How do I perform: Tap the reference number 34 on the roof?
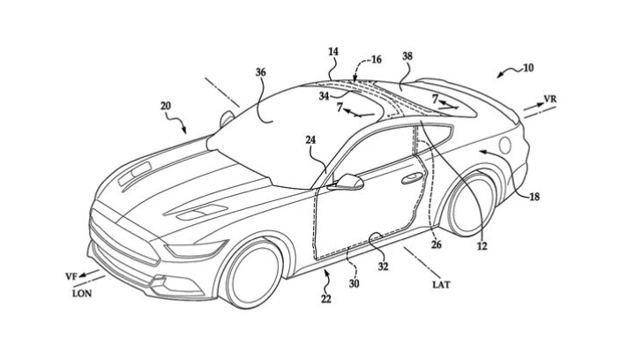[x=325, y=95]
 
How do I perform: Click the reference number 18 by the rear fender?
[x=534, y=199]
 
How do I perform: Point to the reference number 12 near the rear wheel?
[x=481, y=247]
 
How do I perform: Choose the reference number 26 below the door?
[x=437, y=246]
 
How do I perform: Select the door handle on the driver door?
[x=411, y=179]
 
